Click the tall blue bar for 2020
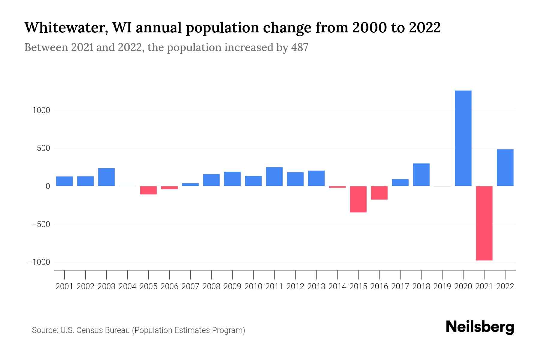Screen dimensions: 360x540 463,138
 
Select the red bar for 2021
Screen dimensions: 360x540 484,223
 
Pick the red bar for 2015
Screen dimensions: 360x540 358,199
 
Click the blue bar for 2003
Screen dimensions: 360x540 106,177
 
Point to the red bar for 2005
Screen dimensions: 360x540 148,190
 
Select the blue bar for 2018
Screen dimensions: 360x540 421,175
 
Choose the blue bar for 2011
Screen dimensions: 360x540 274,176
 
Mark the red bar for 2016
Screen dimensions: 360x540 379,193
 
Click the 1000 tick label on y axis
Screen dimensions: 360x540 41,110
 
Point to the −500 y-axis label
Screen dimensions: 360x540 39,224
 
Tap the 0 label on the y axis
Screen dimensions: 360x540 48,186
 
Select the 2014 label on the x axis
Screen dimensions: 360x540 337,286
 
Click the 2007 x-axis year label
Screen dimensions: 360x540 190,286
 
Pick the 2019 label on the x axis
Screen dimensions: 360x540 442,286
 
